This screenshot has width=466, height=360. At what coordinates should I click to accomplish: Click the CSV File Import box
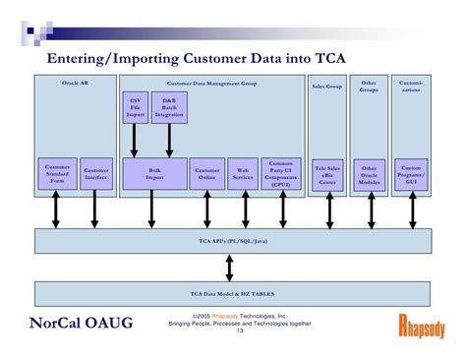click(x=135, y=107)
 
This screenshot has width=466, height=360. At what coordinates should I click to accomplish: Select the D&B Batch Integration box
click(x=169, y=107)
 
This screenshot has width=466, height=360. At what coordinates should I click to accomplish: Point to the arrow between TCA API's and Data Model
click(x=229, y=266)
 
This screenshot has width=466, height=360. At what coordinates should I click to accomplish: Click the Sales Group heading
click(x=326, y=87)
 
